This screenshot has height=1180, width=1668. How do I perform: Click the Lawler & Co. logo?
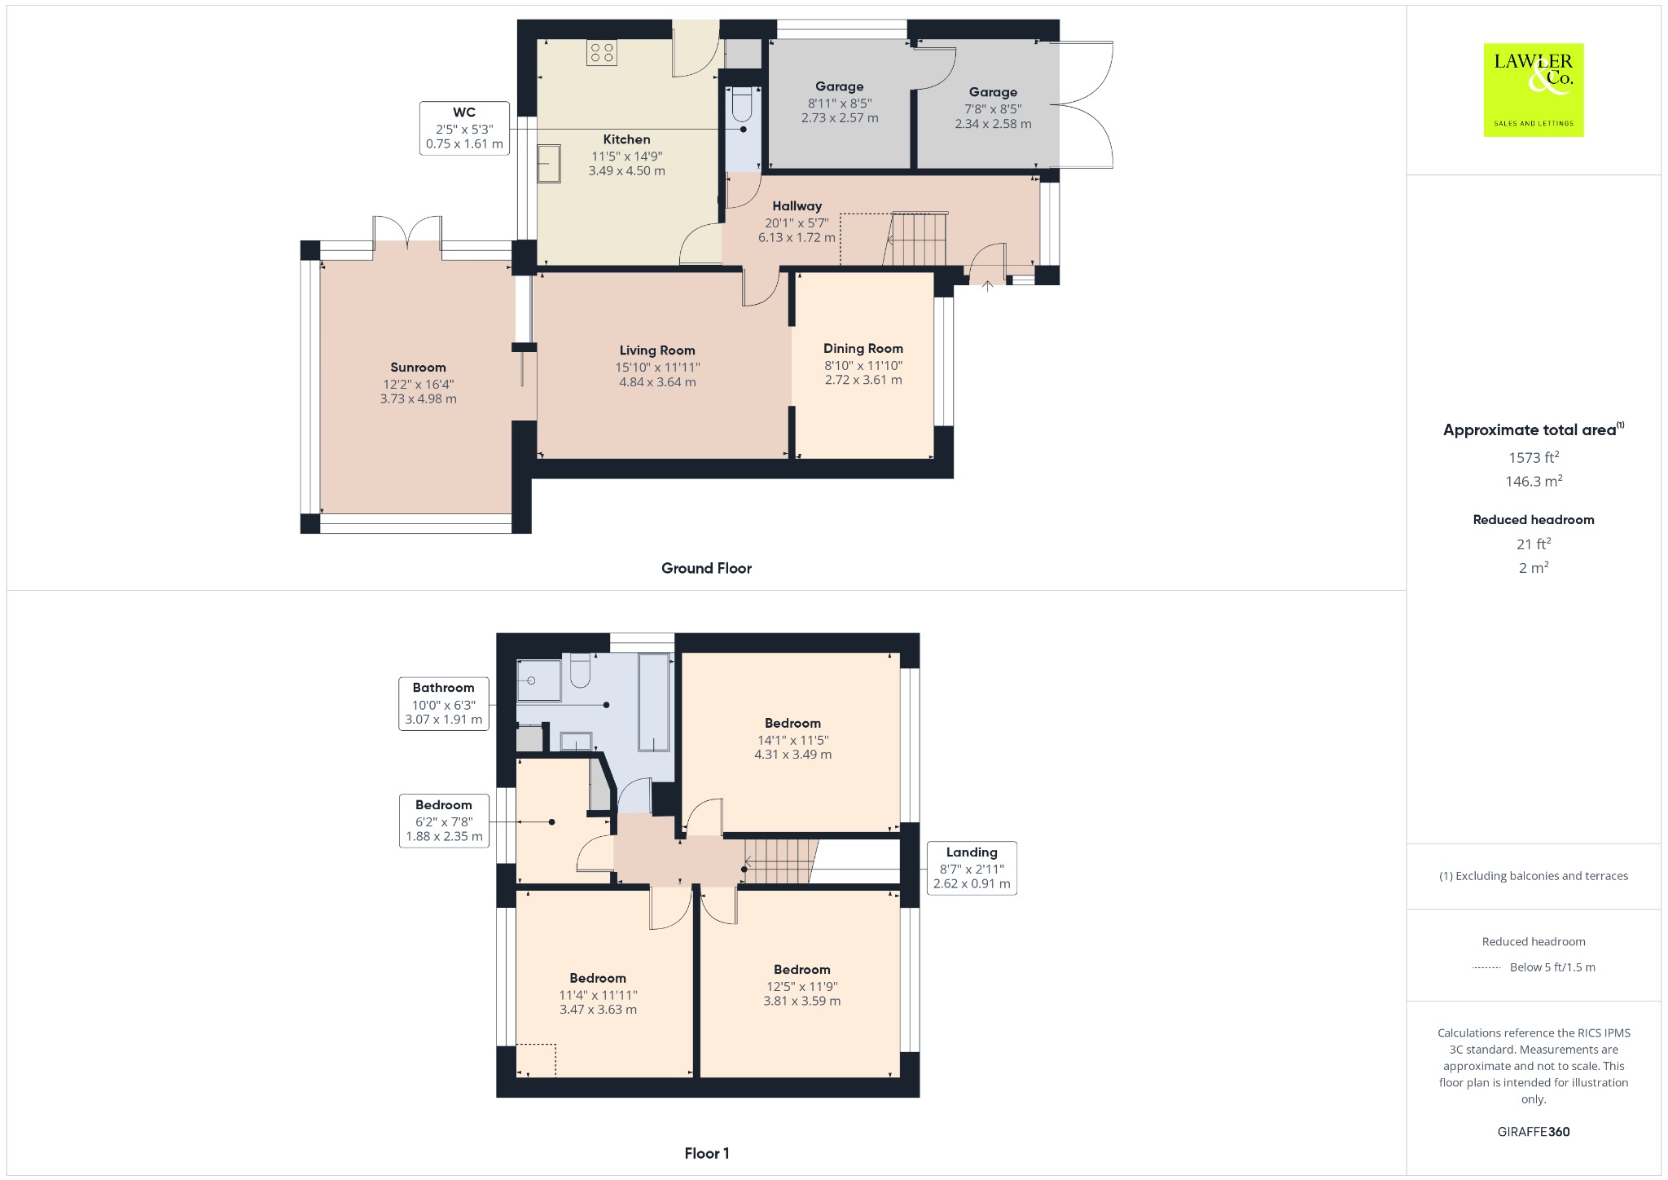[1533, 90]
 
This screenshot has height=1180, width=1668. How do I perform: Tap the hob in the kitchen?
[602, 53]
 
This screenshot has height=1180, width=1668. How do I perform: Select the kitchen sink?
[548, 163]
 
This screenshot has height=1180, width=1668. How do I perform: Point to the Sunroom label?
[418, 368]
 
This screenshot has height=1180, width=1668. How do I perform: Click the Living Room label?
[657, 350]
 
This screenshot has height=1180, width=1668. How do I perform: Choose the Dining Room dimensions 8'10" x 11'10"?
[863, 366]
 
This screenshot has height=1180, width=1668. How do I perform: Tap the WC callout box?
[464, 128]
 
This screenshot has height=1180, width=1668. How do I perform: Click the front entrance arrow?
[987, 286]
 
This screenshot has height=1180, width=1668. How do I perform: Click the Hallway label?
[797, 206]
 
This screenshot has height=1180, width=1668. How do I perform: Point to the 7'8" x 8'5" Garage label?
[993, 92]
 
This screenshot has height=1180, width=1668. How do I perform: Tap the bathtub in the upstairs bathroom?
[655, 702]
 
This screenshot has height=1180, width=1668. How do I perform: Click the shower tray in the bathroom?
[540, 680]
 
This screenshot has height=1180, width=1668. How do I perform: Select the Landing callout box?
[972, 868]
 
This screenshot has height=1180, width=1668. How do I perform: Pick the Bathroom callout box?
[443, 704]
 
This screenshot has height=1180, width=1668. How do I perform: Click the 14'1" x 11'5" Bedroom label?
[792, 723]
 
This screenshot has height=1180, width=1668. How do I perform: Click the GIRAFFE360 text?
[1534, 1131]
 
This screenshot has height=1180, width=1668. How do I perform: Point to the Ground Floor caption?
[706, 568]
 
